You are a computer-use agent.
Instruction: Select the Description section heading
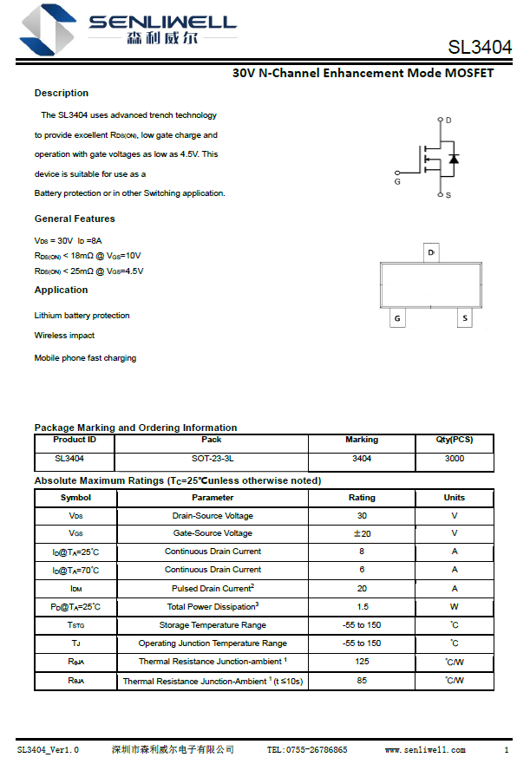pyautogui.click(x=62, y=93)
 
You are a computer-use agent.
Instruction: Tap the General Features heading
pyautogui.click(x=75, y=219)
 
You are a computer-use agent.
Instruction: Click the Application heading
pyautogui.click(x=61, y=290)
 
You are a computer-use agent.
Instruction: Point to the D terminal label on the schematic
pyautogui.click(x=448, y=120)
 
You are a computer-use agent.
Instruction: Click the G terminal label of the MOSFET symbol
pyautogui.click(x=397, y=182)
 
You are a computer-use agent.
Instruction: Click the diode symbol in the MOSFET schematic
pyautogui.click(x=454, y=159)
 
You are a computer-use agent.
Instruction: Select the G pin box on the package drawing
pyautogui.click(x=397, y=318)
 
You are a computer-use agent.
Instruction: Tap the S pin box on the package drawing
pyautogui.click(x=465, y=318)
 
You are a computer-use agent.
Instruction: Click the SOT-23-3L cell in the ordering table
pyautogui.click(x=212, y=458)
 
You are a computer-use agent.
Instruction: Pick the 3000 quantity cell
pyautogui.click(x=454, y=458)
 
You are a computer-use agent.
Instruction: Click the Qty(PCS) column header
pyautogui.click(x=454, y=440)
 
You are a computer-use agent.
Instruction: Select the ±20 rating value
pyautogui.click(x=362, y=533)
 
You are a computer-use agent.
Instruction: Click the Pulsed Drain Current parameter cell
pyautogui.click(x=213, y=588)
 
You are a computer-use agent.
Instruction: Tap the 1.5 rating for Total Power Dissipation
pyautogui.click(x=362, y=607)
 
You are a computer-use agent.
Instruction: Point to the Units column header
pyautogui.click(x=454, y=498)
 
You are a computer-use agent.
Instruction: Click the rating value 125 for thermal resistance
pyautogui.click(x=362, y=662)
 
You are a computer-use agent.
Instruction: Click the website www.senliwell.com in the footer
pyautogui.click(x=425, y=749)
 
